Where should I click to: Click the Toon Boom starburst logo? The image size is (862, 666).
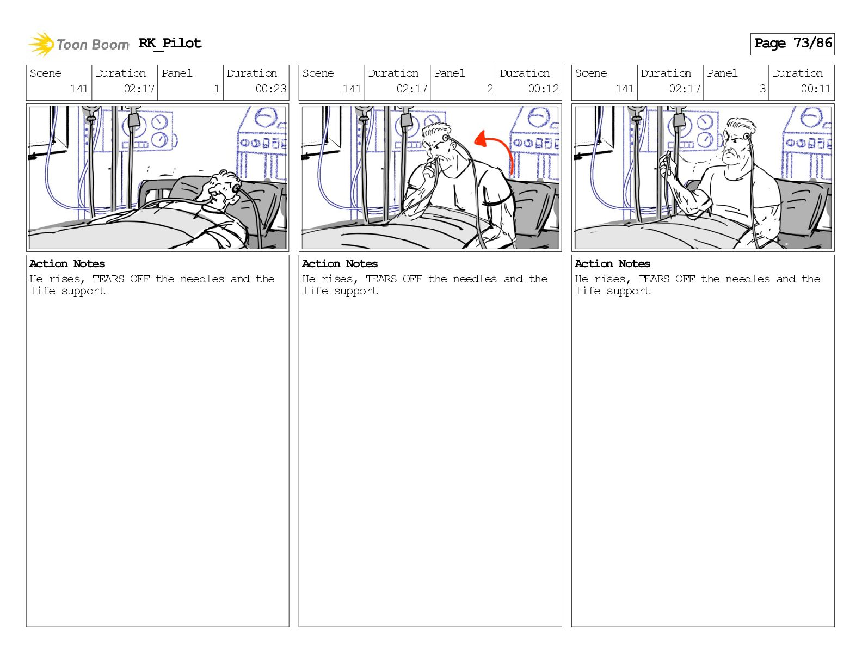(x=41, y=44)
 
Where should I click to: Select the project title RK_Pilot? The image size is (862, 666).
(x=170, y=43)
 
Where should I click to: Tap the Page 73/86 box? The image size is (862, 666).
(x=792, y=44)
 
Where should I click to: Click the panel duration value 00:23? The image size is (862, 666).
(x=270, y=89)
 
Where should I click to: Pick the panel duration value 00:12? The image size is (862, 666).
(x=543, y=89)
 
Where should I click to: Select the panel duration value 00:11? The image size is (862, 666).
(x=816, y=89)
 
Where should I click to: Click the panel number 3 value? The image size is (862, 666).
(x=762, y=89)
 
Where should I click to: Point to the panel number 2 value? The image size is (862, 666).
(x=490, y=89)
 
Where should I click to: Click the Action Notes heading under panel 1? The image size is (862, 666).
(x=67, y=264)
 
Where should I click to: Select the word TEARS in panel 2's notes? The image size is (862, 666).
(x=381, y=279)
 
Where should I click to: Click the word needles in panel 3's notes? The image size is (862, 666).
(x=747, y=279)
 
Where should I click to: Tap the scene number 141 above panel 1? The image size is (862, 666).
(x=79, y=89)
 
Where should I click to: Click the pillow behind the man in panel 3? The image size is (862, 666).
(x=801, y=206)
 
